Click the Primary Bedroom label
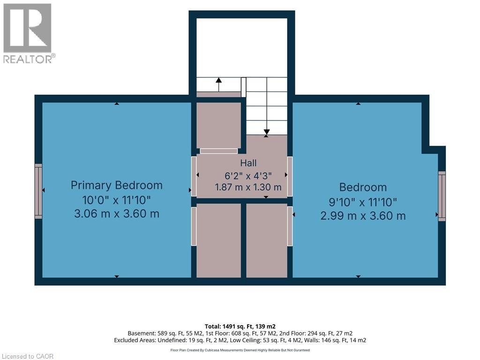(117, 186)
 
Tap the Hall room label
(248, 163)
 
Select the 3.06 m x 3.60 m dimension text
(117, 214)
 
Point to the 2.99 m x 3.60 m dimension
(363, 216)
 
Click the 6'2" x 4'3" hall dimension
(248, 176)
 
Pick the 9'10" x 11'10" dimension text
(363, 202)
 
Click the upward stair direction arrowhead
(218, 80)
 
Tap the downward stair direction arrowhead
(267, 132)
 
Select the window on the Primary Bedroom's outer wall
(38, 191)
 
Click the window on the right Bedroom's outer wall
(442, 196)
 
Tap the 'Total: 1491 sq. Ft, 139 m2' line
(240, 326)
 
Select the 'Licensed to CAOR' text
(28, 356)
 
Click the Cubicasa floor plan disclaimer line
(240, 350)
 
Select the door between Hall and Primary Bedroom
(194, 176)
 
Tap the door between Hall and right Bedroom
(290, 176)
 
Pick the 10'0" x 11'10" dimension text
(117, 200)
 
